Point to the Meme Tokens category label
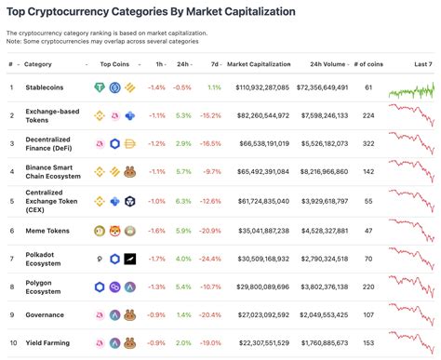46,230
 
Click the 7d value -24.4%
211,259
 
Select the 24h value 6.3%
182,201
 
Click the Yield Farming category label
47,343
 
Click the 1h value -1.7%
156,259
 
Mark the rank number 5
11,201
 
